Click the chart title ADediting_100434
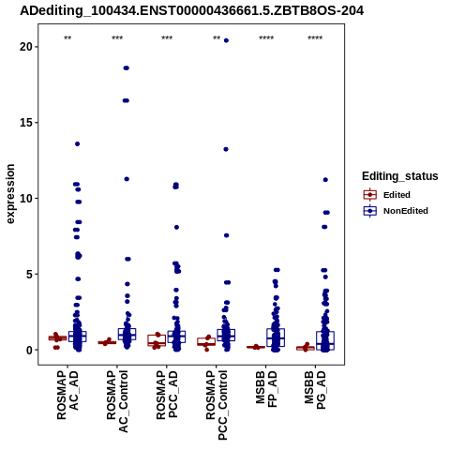(191, 11)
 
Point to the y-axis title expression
(10, 194)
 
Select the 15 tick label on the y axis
(26, 123)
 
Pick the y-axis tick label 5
(29, 274)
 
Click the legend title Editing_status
(400, 176)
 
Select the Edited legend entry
(387, 195)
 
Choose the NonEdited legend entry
(396, 211)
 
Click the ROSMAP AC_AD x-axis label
(67, 395)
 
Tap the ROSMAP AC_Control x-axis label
(117, 401)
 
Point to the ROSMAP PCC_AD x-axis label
(167, 395)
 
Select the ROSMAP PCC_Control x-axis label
(217, 405)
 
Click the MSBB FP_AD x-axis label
(266, 388)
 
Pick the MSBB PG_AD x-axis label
(315, 390)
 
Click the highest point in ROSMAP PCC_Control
(226, 40)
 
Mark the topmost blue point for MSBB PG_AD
(325, 180)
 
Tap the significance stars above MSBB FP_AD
(266, 38)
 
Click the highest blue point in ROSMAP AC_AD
(77, 143)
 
